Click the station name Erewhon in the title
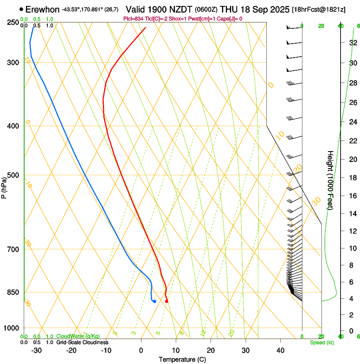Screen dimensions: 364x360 42,9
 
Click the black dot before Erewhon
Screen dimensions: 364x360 21,9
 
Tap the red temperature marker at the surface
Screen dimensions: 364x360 166,301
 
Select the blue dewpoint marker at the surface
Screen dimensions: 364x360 155,301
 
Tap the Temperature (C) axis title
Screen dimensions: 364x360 182,359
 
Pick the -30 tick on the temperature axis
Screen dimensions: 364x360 36,350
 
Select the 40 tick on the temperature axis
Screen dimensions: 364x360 280,350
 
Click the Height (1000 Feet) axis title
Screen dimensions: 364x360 330,180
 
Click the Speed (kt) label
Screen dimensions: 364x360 321,342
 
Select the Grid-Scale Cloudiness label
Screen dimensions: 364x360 82,342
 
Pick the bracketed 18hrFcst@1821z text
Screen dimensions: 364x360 318,9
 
